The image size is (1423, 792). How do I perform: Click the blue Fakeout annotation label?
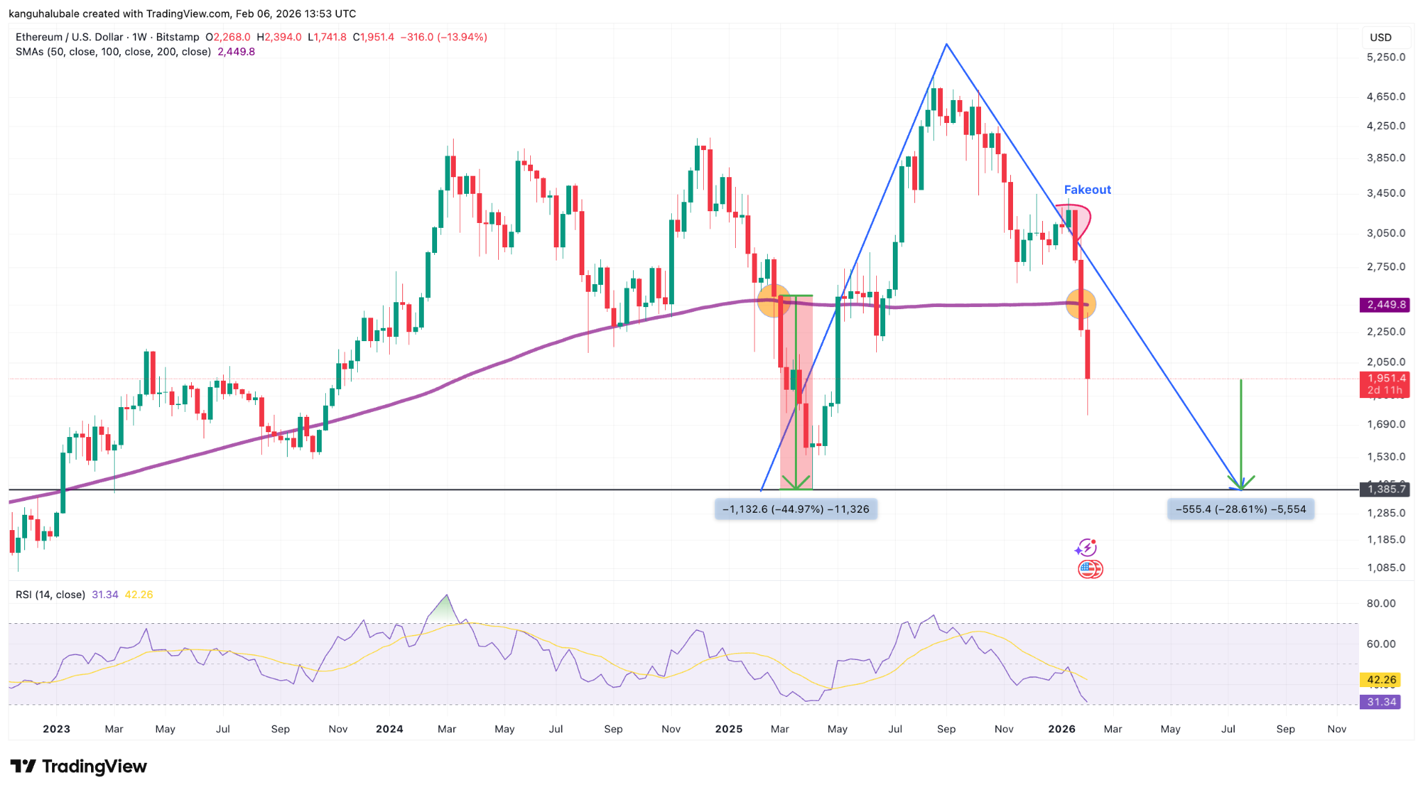click(x=1087, y=190)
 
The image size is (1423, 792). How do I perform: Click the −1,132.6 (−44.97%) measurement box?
click(x=796, y=509)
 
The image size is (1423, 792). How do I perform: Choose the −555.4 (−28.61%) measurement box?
click(x=1240, y=509)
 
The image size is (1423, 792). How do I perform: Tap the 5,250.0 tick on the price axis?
click(x=1385, y=57)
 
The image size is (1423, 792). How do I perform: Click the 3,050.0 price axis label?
click(x=1385, y=233)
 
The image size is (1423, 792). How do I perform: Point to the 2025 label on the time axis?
click(x=729, y=729)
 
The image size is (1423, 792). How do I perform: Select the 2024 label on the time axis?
click(x=389, y=729)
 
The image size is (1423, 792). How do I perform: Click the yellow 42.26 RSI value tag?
click(x=1381, y=680)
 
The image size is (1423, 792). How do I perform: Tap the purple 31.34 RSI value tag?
click(x=1381, y=702)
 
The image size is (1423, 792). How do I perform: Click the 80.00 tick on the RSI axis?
click(x=1381, y=603)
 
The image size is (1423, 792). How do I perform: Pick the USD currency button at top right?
click(x=1381, y=38)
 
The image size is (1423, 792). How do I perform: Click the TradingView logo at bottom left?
click(x=79, y=766)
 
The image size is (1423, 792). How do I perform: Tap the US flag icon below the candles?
click(x=1089, y=570)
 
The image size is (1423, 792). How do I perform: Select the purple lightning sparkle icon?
click(x=1085, y=548)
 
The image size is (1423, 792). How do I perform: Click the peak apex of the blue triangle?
click(x=946, y=44)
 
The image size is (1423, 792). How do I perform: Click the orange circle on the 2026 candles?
click(x=1081, y=304)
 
